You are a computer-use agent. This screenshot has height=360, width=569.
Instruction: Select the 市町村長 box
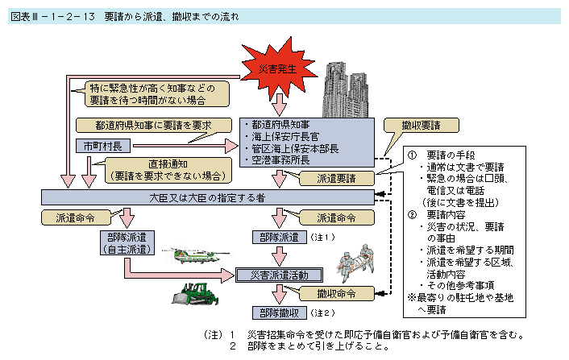click(101, 147)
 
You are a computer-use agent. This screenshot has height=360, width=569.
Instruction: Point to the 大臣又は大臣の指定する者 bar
click(208, 197)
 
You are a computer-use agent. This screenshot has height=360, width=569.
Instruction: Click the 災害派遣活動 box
click(278, 275)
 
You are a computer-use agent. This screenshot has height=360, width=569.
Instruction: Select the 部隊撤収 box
click(278, 312)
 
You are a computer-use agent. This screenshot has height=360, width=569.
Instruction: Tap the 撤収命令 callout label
click(333, 293)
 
